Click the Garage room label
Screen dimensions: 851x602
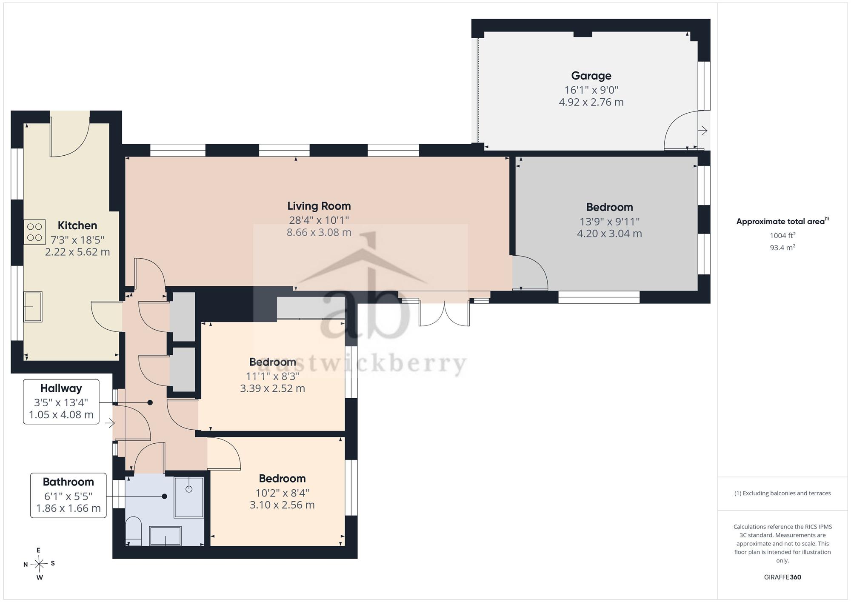pos(591,76)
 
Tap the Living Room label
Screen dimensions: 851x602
pos(319,206)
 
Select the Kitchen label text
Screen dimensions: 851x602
pos(77,225)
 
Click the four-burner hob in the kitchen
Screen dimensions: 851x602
pos(34,232)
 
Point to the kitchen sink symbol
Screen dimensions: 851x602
pos(33,306)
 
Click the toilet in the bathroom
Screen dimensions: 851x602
pos(134,531)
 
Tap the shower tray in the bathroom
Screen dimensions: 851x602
pos(189,497)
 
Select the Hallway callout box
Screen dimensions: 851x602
pos(61,402)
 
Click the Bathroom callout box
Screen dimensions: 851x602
pos(69,495)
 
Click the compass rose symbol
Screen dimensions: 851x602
pos(39,564)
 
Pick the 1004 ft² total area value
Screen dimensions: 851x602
pos(782,235)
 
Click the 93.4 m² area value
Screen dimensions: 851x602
pos(782,247)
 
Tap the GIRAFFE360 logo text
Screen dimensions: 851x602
pos(782,577)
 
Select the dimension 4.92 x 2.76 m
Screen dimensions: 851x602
pos(591,102)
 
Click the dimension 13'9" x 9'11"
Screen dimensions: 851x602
pos(609,222)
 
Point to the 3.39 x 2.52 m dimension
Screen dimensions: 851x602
pos(272,388)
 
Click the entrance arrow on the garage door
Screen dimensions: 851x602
pos(703,130)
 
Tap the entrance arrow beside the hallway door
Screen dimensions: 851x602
pos(110,423)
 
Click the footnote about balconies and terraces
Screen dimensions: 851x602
pos(782,494)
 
